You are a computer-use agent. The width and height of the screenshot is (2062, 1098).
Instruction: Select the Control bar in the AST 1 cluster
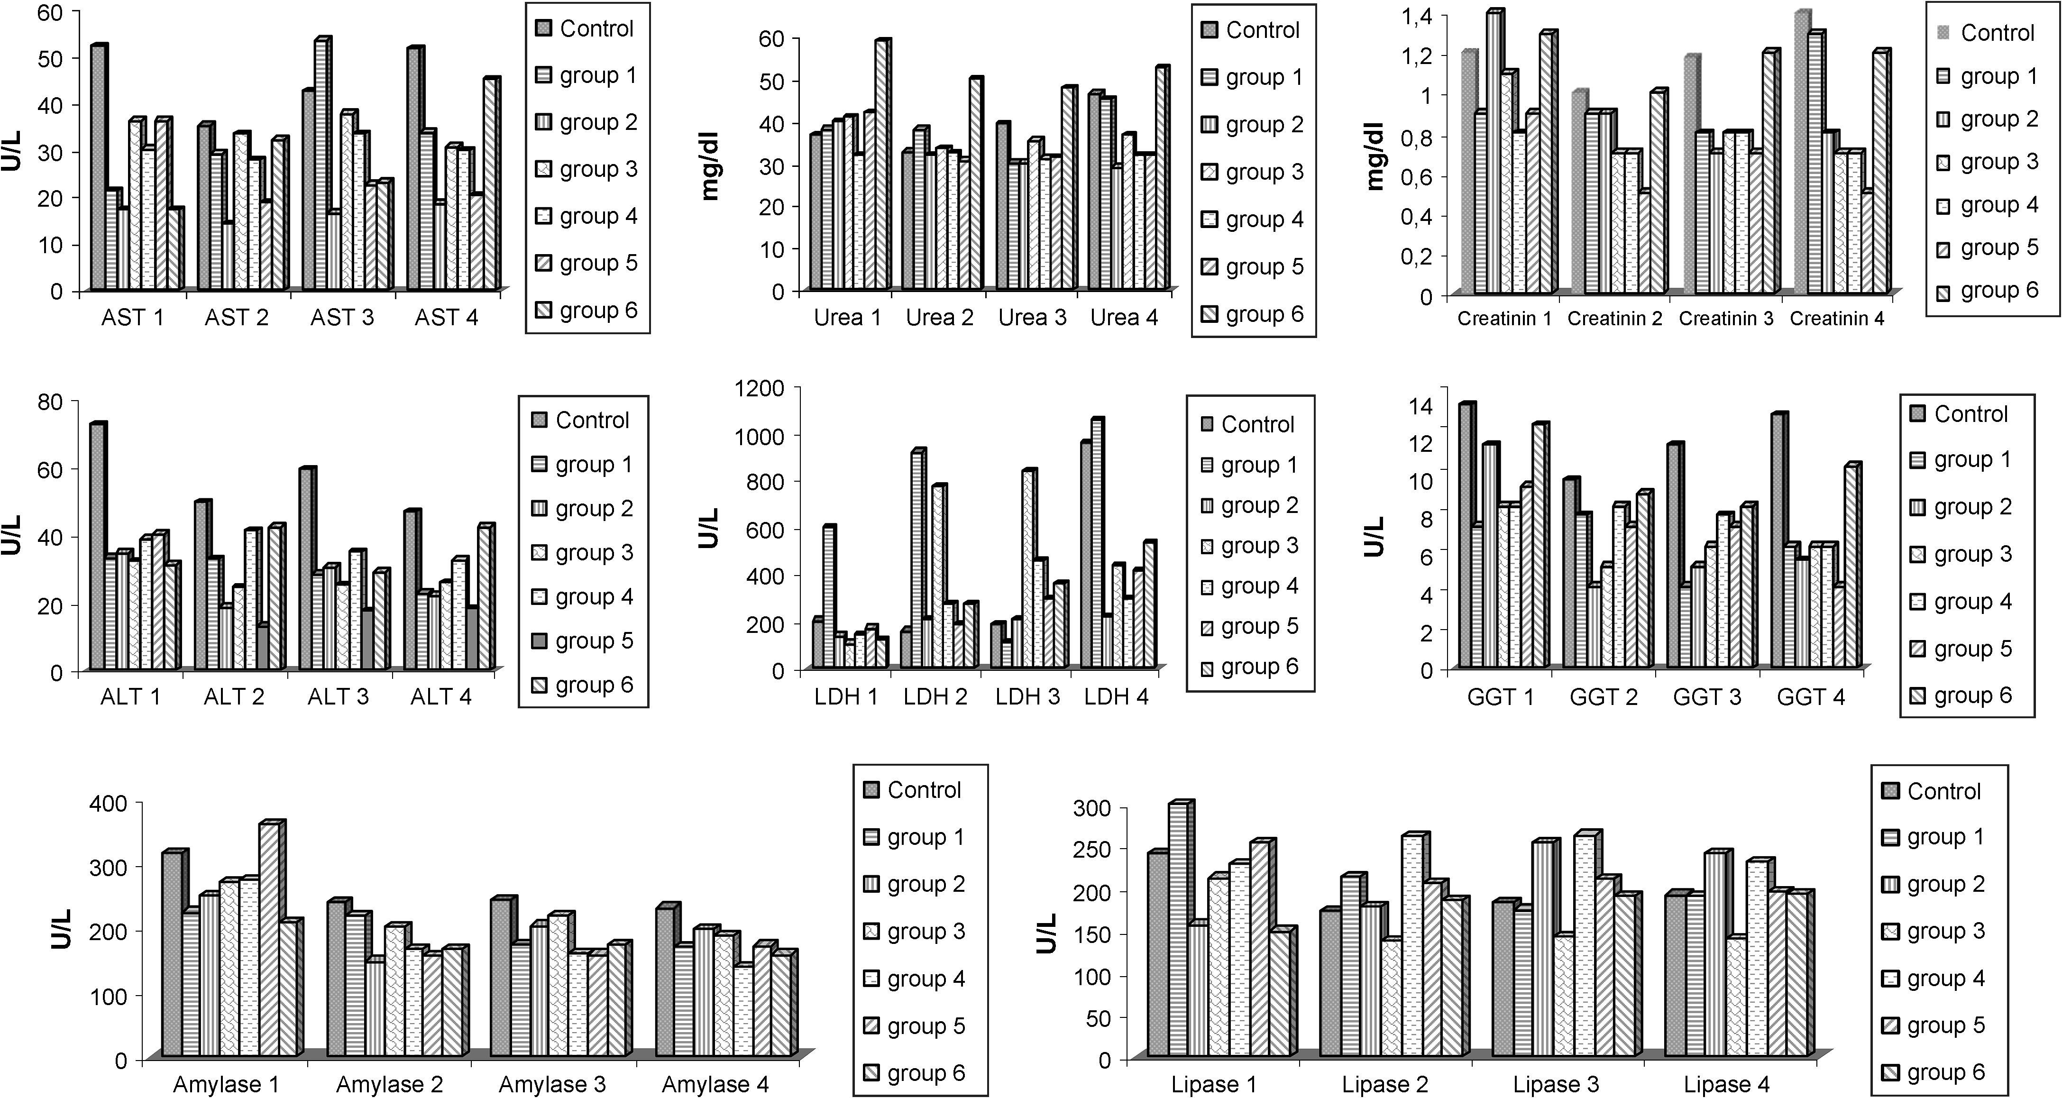pos(98,168)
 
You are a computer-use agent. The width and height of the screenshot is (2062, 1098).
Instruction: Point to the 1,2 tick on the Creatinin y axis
pos(1418,55)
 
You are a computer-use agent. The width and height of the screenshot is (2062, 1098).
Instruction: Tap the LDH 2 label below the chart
pos(935,697)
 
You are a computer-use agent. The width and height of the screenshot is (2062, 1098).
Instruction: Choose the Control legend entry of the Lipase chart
pos(1943,791)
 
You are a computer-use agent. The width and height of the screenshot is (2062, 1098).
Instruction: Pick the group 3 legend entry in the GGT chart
pos(1971,554)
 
